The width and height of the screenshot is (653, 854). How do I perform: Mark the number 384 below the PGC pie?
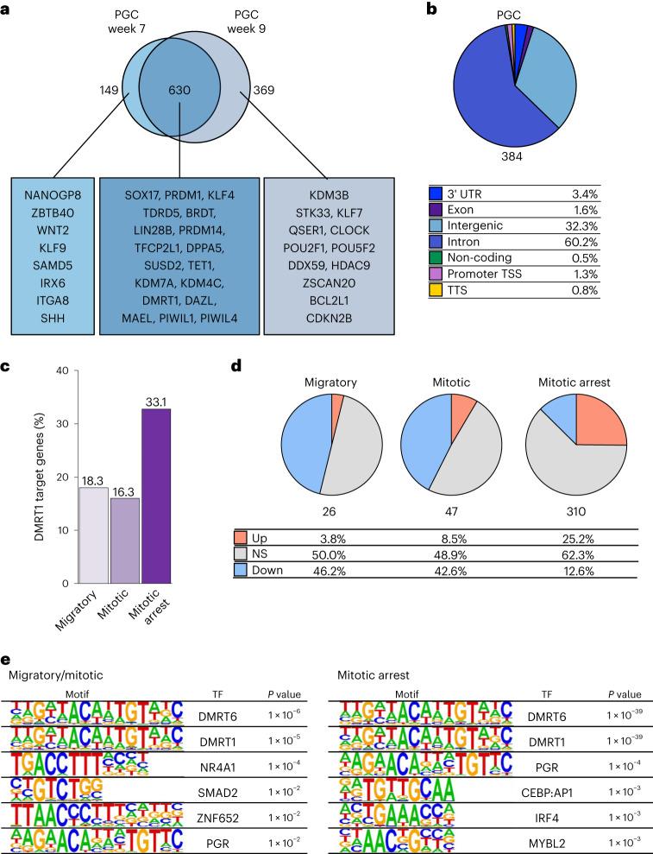516,158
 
